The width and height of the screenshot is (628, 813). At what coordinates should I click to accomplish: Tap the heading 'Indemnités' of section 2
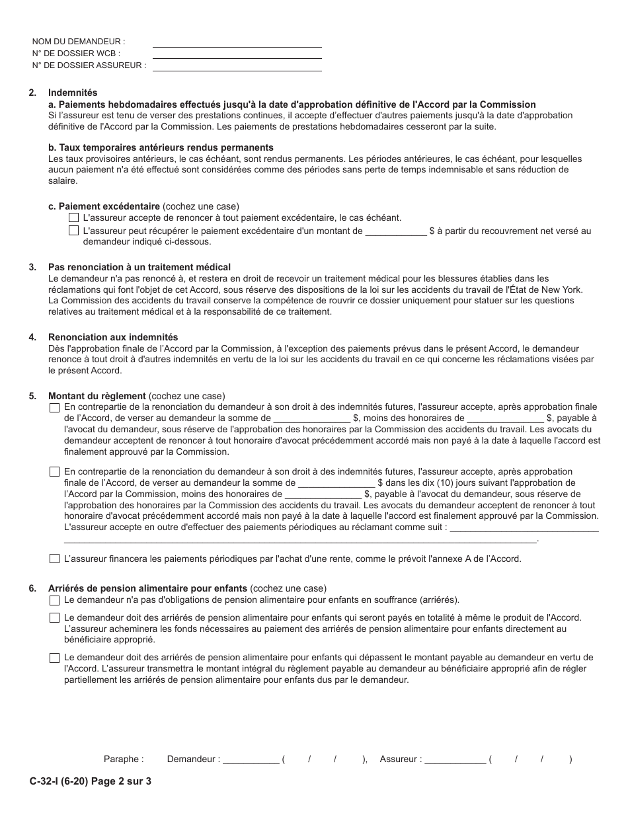click(x=73, y=93)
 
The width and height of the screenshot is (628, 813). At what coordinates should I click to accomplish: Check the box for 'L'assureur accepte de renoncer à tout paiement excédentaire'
click(x=73, y=217)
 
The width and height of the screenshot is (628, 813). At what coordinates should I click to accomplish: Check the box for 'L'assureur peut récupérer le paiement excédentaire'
click(x=73, y=231)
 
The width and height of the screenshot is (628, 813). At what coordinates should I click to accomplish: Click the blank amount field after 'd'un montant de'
click(x=396, y=232)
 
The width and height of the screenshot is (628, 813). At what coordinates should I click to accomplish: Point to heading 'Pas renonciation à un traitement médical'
click(x=139, y=267)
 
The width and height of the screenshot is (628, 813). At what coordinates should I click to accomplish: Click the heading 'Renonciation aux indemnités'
click(x=113, y=337)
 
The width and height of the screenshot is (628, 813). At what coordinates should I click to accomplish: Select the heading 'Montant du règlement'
click(x=97, y=396)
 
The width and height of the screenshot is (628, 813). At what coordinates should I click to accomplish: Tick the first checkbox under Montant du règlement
click(x=54, y=408)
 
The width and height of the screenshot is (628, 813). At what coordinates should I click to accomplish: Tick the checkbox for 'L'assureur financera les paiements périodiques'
click(x=54, y=559)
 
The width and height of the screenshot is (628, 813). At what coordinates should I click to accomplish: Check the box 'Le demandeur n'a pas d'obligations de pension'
click(x=54, y=600)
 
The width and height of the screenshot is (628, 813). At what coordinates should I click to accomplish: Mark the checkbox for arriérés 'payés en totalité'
click(x=54, y=618)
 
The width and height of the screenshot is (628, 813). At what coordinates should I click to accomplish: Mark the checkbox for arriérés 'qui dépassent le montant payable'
click(x=54, y=658)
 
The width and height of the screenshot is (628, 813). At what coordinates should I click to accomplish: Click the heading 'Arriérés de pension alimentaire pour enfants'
click(x=147, y=588)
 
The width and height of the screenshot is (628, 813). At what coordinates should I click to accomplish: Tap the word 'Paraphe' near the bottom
click(x=123, y=759)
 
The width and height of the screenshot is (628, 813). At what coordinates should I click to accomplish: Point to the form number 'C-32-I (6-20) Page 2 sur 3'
click(x=90, y=781)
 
